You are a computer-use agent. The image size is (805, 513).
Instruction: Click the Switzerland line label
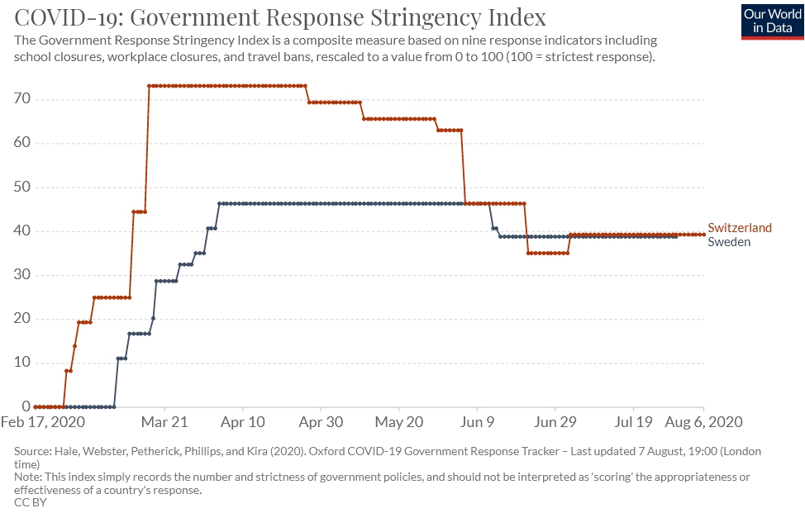(740, 228)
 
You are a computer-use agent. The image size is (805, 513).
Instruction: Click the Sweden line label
(729, 242)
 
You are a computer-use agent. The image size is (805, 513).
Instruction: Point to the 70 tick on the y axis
(21, 99)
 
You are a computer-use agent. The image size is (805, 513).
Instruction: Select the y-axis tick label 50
(21, 187)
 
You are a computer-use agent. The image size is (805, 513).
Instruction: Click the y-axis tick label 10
(21, 363)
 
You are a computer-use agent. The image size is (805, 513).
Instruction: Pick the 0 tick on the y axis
(26, 406)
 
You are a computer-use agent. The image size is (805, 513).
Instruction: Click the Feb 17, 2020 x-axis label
(49, 422)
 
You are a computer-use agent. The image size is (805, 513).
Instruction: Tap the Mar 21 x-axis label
(165, 422)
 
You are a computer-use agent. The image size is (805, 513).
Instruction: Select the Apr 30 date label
(321, 422)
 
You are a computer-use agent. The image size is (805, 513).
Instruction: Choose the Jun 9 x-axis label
(477, 422)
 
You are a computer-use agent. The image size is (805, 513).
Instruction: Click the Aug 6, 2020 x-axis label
(704, 422)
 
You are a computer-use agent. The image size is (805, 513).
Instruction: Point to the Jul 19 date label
(633, 422)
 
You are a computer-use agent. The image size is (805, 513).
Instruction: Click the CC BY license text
(31, 502)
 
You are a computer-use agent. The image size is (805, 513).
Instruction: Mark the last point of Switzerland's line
(703, 235)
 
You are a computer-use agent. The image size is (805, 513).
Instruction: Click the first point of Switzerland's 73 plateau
(150, 86)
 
